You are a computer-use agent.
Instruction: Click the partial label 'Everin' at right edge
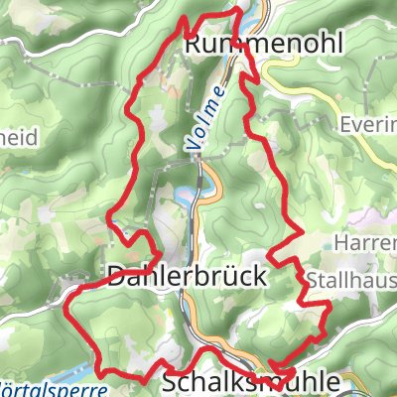click(369, 126)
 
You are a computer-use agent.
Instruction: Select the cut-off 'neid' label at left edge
click(19, 139)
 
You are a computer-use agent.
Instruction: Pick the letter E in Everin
click(345, 126)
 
